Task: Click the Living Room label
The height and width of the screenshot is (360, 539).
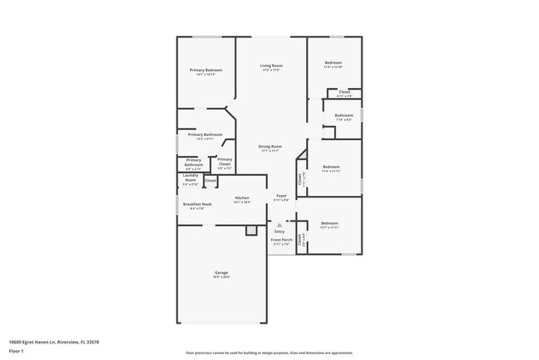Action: [270, 66]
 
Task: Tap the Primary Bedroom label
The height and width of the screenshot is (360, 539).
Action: [205, 71]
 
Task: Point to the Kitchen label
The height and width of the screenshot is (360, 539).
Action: [242, 198]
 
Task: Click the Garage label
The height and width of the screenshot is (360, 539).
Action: [221, 273]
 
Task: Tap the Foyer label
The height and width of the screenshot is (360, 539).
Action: [281, 197]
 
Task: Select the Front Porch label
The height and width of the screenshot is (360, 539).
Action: [281, 240]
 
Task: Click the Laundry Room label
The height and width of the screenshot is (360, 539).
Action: [190, 178]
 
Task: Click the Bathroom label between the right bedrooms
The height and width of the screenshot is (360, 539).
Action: [344, 115]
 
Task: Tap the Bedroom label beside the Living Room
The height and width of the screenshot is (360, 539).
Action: [333, 63]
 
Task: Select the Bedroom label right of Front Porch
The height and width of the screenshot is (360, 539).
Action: [329, 223]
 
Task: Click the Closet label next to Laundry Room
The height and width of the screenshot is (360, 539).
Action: [211, 180]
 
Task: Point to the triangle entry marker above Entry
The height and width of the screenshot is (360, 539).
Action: [279, 225]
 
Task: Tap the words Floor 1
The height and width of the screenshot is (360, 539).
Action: [17, 350]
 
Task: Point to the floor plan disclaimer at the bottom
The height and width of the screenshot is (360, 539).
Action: [269, 353]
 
